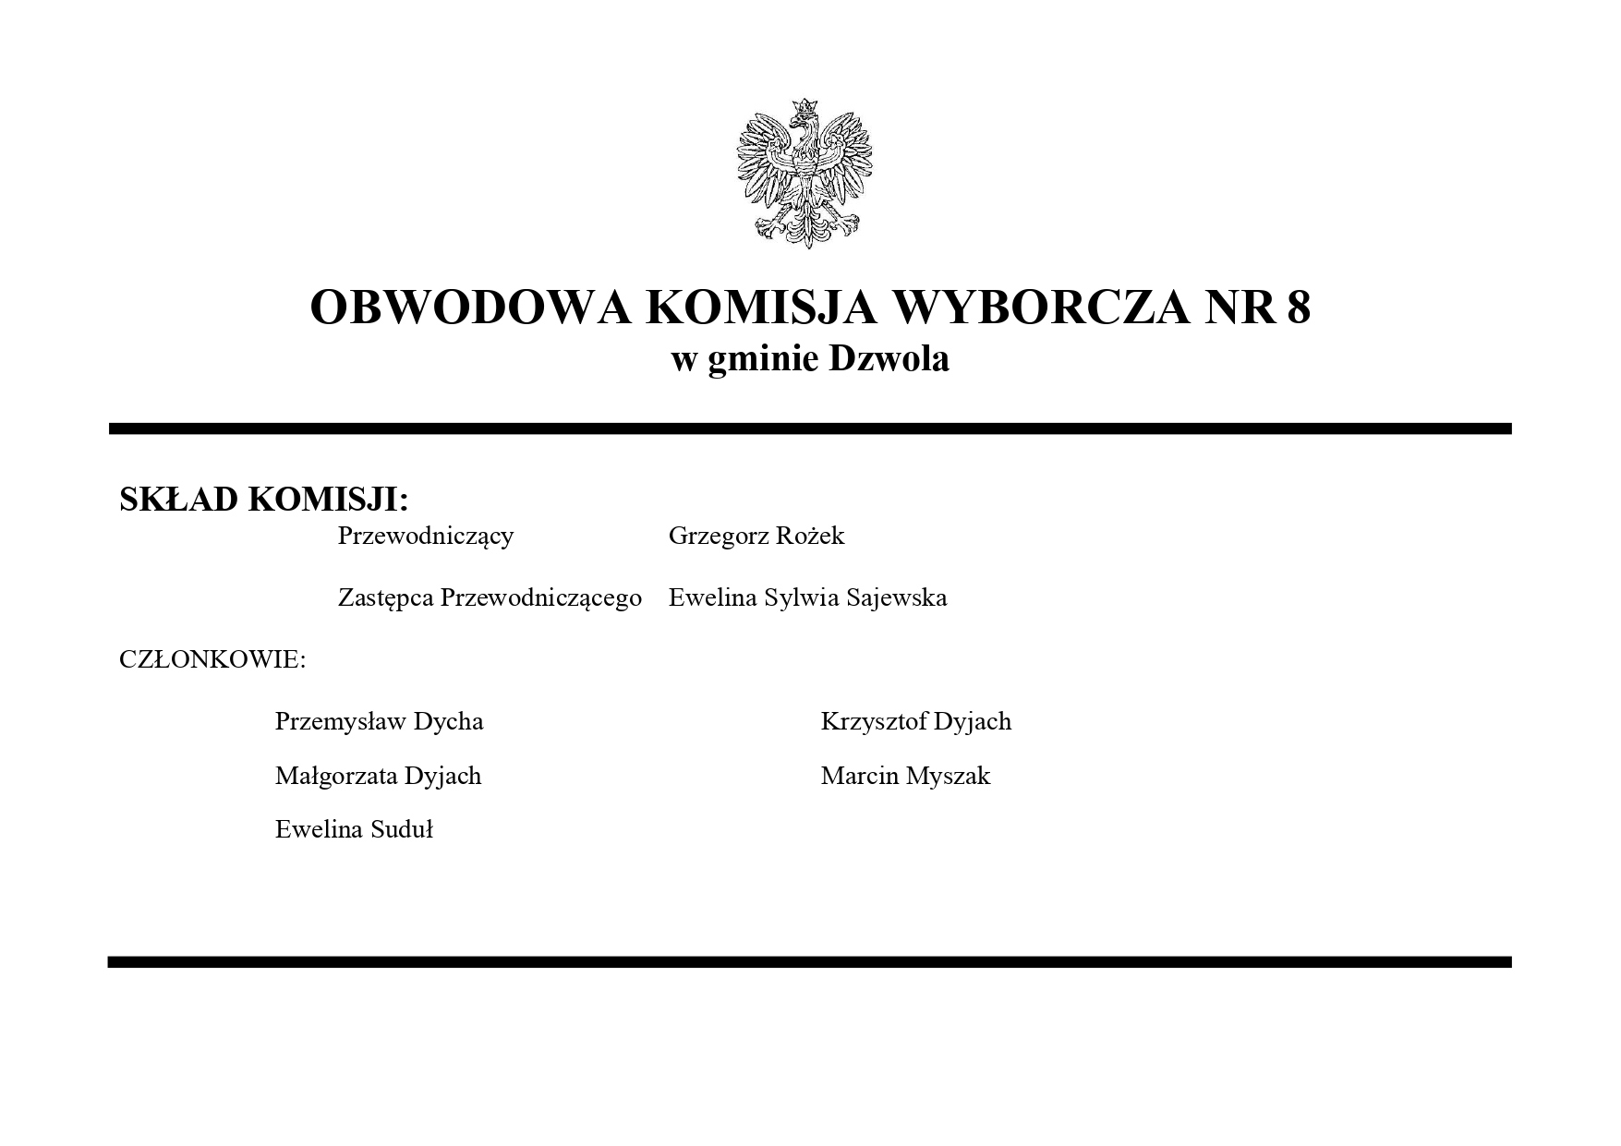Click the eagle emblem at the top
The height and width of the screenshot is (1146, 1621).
click(x=804, y=174)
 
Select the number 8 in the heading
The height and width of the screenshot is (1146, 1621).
click(x=1298, y=307)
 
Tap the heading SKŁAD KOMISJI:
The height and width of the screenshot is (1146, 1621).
click(x=263, y=500)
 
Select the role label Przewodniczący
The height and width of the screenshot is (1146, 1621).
click(x=425, y=537)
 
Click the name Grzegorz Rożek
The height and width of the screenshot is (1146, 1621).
click(x=756, y=537)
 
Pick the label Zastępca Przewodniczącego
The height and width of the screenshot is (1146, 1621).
click(x=490, y=598)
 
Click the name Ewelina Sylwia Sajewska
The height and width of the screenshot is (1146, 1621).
click(x=807, y=598)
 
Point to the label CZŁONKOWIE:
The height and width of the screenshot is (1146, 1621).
click(x=212, y=660)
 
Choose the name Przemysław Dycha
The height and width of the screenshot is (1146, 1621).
click(x=379, y=721)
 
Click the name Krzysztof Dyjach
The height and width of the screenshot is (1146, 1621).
click(x=915, y=721)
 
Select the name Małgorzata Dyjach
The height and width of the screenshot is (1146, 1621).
click(x=378, y=776)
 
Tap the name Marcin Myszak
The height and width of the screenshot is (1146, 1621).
click(x=905, y=776)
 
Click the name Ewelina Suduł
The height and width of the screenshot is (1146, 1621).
click(x=354, y=829)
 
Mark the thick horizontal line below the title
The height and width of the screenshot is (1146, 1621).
click(x=810, y=428)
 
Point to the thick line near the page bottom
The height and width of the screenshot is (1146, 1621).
click(x=810, y=962)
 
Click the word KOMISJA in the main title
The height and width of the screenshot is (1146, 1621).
click(x=759, y=307)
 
